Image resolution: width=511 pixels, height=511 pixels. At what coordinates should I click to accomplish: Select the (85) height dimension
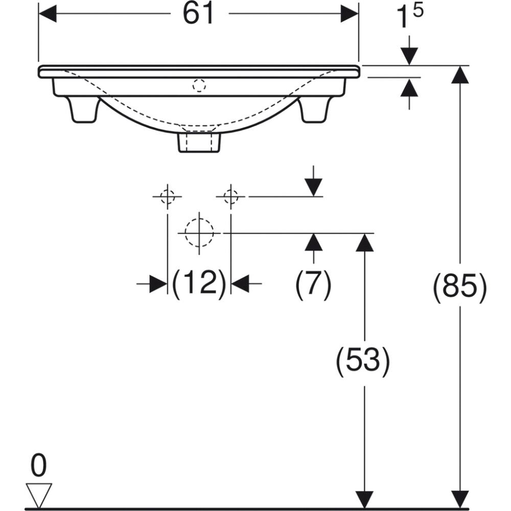(459, 286)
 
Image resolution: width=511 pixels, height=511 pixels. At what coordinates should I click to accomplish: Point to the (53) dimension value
(363, 360)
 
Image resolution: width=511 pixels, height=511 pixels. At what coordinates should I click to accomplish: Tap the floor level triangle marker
(39, 495)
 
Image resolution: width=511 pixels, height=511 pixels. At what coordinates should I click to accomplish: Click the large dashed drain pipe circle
(199, 233)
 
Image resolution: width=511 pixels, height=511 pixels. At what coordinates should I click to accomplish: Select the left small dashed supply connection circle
(168, 197)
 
